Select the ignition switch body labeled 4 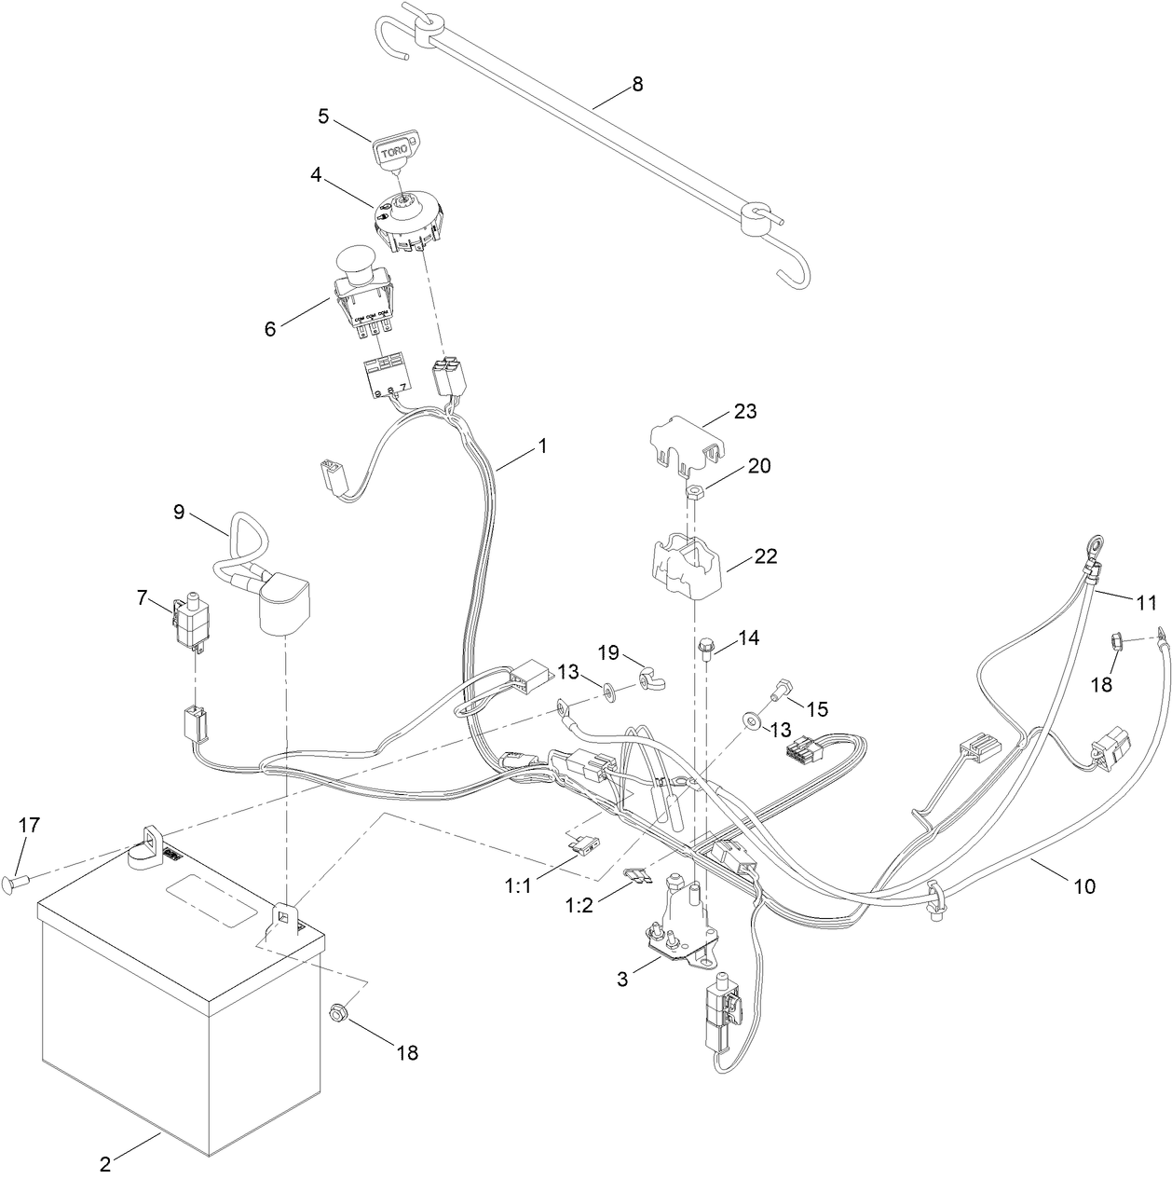click(406, 220)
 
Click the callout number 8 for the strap click(637, 84)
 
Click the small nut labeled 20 click(696, 491)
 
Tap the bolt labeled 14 click(706, 647)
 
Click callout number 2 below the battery click(105, 1164)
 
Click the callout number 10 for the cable click(1084, 885)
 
